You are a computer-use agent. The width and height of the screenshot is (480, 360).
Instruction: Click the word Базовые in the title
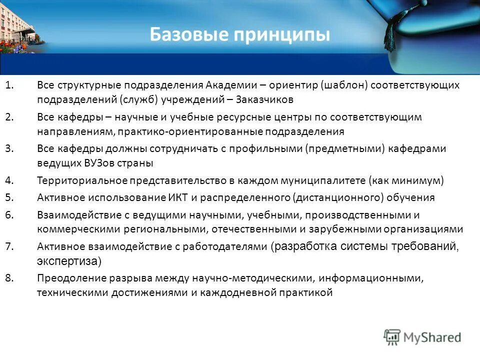(x=187, y=35)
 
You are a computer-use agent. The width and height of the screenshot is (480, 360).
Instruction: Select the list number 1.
(x=9, y=85)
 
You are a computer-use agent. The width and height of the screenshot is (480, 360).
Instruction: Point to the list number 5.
(x=9, y=197)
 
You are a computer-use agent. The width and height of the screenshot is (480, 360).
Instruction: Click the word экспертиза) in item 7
(x=69, y=260)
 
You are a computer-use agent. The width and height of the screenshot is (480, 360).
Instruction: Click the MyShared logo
(x=422, y=337)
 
